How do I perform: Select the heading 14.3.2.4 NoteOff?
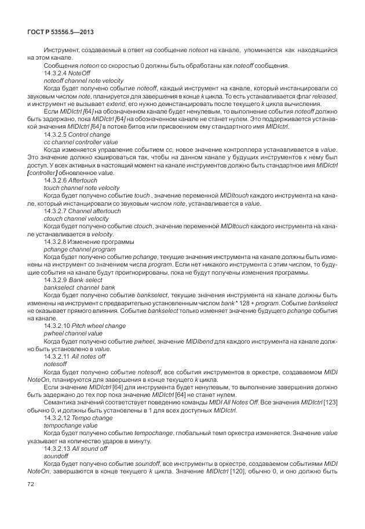(x=64, y=74)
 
